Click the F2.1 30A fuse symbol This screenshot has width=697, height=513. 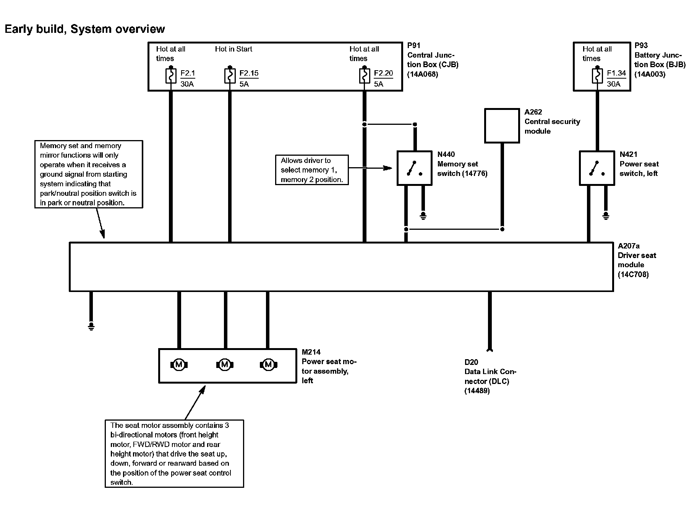[x=171, y=76]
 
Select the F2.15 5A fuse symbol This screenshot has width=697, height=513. [x=230, y=76]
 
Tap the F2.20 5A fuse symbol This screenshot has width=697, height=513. [x=365, y=76]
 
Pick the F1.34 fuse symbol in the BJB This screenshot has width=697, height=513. [x=597, y=76]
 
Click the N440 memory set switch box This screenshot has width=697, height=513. [x=415, y=168]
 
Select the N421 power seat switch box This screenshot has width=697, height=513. [x=597, y=168]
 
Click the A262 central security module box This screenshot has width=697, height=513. [x=502, y=126]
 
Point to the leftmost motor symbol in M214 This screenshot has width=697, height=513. [x=178, y=365]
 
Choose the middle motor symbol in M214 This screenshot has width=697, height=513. [x=225, y=365]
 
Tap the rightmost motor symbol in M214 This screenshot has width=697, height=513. [x=268, y=365]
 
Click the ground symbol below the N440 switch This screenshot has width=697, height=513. [x=423, y=216]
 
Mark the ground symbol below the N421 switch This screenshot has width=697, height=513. [x=606, y=216]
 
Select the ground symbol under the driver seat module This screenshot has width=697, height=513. [x=91, y=326]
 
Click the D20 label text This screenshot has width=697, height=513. [x=471, y=362]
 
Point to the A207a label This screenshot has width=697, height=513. [x=629, y=246]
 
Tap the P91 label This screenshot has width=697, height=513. [x=414, y=45]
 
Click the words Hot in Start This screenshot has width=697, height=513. [x=233, y=49]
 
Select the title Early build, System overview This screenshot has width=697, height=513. [x=85, y=29]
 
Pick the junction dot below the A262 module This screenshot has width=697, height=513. [x=502, y=229]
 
